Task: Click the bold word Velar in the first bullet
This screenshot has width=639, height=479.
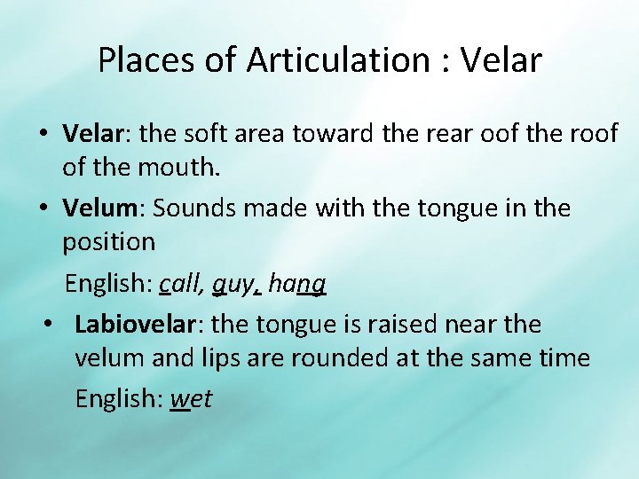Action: point(91,134)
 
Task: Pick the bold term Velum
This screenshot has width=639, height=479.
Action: point(98,208)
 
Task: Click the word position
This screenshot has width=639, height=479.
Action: point(109,241)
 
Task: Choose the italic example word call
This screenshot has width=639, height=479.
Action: point(181,284)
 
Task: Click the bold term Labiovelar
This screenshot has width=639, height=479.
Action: point(134,325)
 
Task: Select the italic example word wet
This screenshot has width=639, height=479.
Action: point(191,399)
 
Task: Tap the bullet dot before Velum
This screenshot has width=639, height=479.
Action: point(43,209)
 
